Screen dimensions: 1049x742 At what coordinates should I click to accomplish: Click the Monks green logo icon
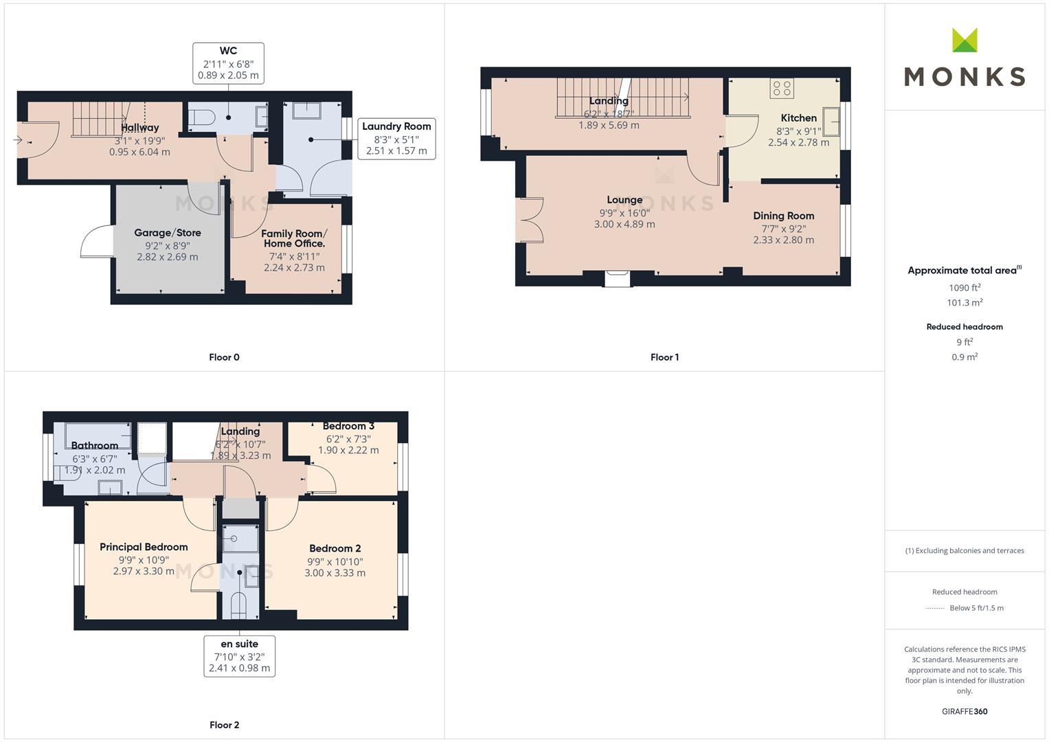pos(965,40)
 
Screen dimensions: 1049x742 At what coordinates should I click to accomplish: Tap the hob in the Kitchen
pos(782,88)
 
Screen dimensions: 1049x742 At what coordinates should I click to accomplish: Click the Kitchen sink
pos(831,122)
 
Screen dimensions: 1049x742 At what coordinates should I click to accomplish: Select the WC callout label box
pos(228,63)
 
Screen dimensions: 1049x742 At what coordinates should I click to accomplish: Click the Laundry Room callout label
pos(396,139)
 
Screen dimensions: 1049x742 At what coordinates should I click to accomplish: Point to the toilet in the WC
pos(202,117)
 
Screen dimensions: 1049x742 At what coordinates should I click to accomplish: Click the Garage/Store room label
pos(168,233)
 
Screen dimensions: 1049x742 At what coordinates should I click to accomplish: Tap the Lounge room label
pos(624,200)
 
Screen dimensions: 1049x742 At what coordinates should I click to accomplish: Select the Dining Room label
pos(783,216)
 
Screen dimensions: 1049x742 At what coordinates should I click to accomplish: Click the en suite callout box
pos(239,656)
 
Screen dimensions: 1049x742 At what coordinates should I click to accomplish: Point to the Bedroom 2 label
pos(335,548)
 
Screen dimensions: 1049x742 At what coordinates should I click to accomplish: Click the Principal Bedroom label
pos(144,547)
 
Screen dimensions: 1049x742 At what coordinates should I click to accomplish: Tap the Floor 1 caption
pos(664,357)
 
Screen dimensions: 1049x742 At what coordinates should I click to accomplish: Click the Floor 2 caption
pos(225,725)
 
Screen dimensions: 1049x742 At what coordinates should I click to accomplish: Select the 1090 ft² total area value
pos(965,288)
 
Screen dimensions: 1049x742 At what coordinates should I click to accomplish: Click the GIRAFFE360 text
pos(965,712)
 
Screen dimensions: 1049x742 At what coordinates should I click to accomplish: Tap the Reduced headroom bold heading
pos(965,327)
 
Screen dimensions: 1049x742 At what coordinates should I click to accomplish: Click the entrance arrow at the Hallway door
pos(18,139)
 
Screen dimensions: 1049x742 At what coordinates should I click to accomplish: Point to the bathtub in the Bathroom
pos(98,436)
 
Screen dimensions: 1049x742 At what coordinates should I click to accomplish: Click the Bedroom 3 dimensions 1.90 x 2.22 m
pos(348,450)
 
